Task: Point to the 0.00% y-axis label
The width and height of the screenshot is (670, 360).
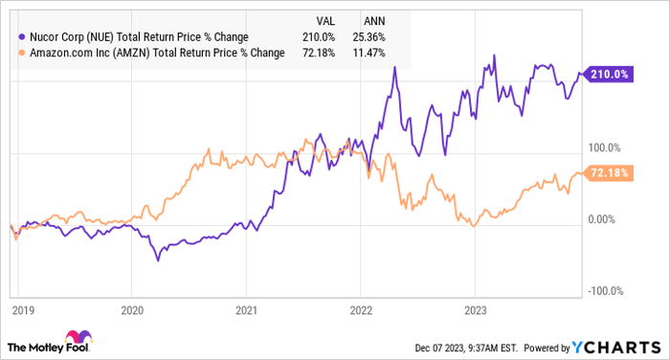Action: click(x=600, y=219)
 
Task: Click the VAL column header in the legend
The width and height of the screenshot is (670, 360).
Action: click(x=327, y=19)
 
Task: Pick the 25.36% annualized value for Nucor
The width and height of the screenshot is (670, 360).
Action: click(x=373, y=36)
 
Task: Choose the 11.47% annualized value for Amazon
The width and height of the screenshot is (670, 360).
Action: click(x=373, y=53)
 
